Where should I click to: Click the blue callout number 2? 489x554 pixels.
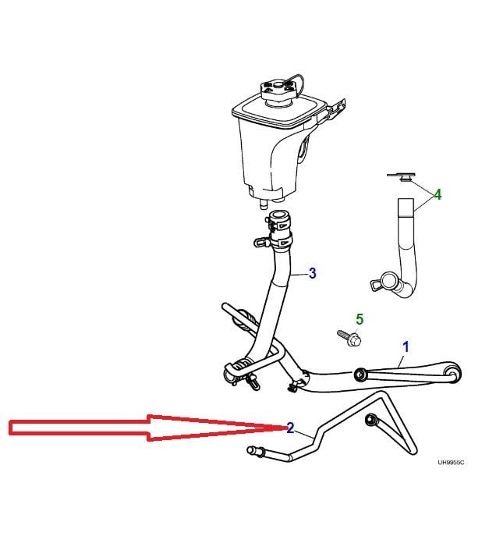click(x=290, y=428)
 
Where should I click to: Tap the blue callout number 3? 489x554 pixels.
click(x=313, y=273)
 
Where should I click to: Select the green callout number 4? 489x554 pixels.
click(x=438, y=194)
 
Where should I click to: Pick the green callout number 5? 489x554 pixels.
click(x=360, y=319)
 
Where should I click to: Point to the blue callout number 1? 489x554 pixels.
click(x=406, y=347)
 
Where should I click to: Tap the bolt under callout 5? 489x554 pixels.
click(x=349, y=337)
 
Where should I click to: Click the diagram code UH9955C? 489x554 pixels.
click(x=451, y=462)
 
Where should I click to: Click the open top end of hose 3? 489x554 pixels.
click(x=279, y=215)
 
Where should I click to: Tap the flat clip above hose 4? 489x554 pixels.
click(x=402, y=176)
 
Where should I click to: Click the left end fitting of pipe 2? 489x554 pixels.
click(x=256, y=451)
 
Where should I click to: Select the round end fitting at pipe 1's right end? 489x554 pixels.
click(x=453, y=374)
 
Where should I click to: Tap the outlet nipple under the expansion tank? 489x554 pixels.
click(x=263, y=205)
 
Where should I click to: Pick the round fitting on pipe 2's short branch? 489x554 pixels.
click(x=370, y=419)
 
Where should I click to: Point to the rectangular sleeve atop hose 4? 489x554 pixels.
click(x=406, y=207)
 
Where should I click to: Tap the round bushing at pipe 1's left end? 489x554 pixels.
click(x=360, y=375)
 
